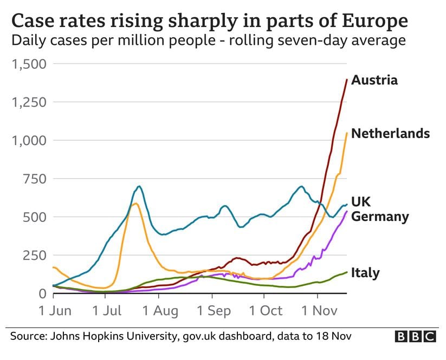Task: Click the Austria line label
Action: point(374,80)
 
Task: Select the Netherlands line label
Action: point(390,133)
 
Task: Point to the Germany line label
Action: point(380,217)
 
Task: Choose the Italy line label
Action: point(365,272)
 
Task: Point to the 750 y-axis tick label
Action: point(35,179)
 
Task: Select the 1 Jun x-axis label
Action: point(53,311)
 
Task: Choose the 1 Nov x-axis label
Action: point(318,311)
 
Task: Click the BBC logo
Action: point(415,337)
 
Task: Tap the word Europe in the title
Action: point(374,21)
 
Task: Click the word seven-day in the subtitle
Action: point(315,40)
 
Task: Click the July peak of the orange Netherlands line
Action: point(135,204)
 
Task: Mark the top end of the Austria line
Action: point(347,80)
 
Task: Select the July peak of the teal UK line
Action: point(139,186)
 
